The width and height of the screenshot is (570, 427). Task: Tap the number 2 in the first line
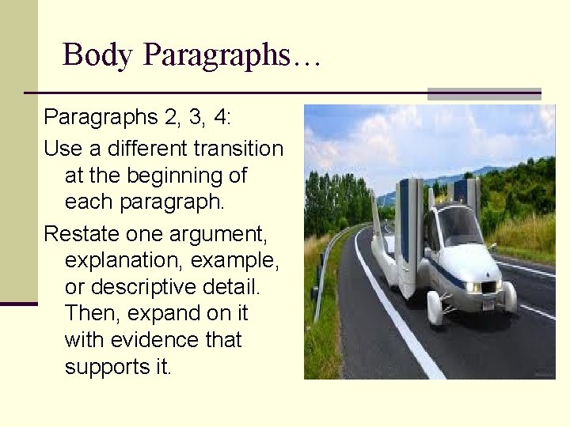[x=169, y=118]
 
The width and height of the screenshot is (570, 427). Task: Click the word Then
[x=90, y=313]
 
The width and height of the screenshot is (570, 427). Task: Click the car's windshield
[x=460, y=226]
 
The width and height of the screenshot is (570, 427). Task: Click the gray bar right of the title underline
[x=484, y=93]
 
